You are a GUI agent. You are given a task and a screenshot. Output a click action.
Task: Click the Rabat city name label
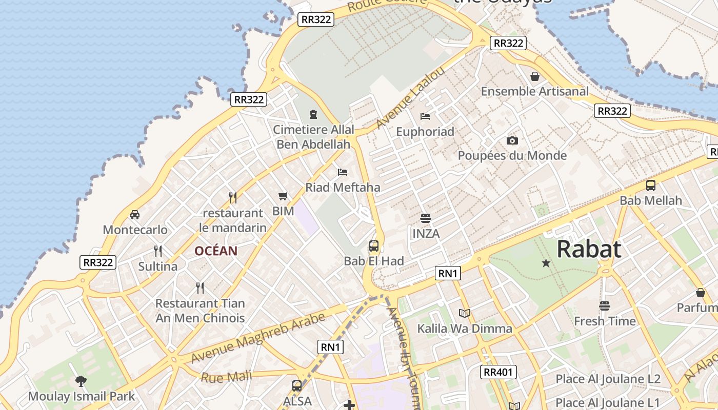click(589, 249)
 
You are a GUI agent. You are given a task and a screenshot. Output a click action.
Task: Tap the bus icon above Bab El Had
click(374, 245)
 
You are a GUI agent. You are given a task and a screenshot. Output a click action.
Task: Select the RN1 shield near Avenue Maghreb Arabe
click(331, 347)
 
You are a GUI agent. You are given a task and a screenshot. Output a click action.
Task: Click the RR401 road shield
click(498, 372)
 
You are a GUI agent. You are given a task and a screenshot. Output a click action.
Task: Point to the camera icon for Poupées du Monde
click(512, 140)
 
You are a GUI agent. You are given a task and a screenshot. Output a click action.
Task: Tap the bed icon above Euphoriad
click(425, 116)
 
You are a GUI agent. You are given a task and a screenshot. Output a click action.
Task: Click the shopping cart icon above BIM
click(283, 196)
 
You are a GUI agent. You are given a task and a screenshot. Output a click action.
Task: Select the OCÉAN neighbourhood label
click(216, 251)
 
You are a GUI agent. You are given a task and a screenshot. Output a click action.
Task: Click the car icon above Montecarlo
click(135, 214)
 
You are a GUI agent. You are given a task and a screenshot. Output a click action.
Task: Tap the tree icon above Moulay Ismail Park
click(81, 381)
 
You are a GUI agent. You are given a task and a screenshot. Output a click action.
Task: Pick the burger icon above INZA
click(425, 218)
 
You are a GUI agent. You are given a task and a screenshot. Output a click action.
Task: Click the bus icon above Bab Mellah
click(650, 186)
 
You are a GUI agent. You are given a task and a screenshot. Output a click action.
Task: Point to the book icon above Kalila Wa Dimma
click(465, 313)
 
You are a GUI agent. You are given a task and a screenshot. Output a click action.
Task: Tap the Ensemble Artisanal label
click(535, 91)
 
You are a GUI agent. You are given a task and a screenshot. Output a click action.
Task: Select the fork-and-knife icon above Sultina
click(158, 251)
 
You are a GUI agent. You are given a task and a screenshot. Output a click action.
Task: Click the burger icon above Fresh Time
click(605, 306)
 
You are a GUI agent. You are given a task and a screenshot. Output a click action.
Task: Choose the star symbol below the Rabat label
click(546, 263)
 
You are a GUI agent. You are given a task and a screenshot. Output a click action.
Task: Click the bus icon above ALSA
click(296, 386)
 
